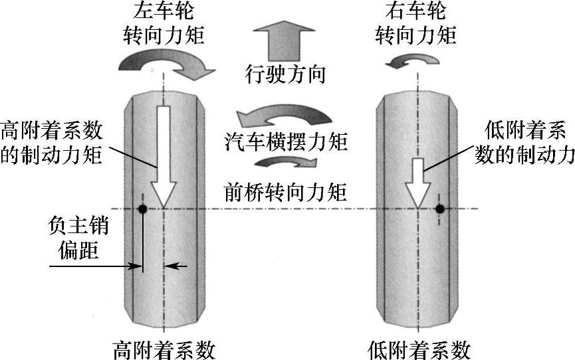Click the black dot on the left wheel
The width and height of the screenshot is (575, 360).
(x=142, y=209)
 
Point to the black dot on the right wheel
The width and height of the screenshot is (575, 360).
(x=440, y=209)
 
